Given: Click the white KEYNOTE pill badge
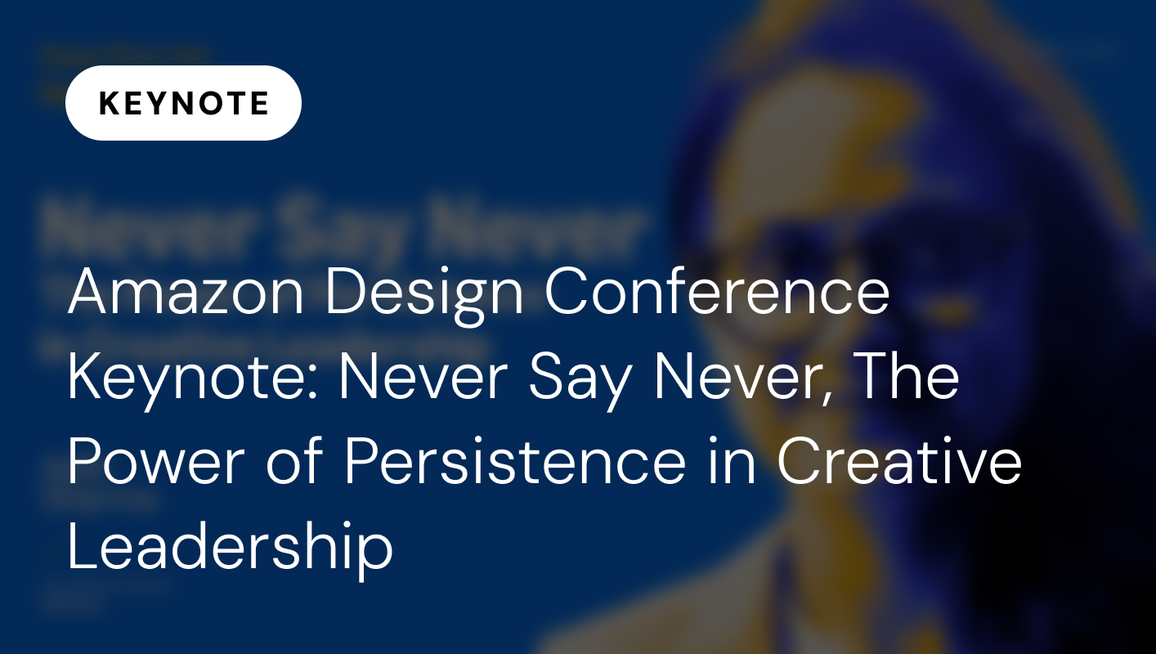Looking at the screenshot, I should (183, 103).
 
